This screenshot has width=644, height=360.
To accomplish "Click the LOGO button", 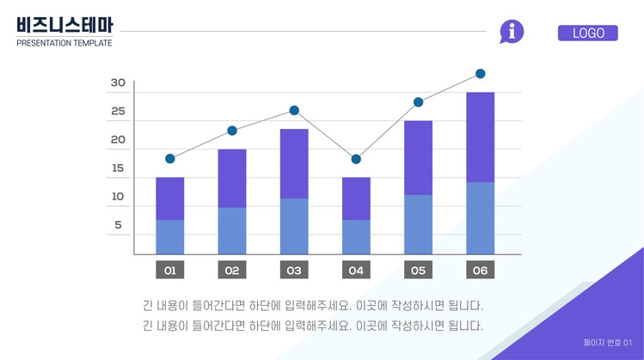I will point(588,34).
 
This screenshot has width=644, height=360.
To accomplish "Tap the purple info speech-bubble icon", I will point(512,32).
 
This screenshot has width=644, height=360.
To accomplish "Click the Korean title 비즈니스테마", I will point(64,26).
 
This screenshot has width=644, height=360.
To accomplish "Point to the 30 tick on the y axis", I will point(119,83).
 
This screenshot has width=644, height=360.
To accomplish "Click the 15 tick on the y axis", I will point(119,168).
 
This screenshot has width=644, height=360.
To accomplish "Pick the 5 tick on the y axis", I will point(119,225).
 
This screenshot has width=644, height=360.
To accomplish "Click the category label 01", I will point(169,271).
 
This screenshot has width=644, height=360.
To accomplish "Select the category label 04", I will point(356,271).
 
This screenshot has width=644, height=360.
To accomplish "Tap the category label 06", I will point(480,271).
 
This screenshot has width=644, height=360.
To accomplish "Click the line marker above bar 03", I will point(294,111).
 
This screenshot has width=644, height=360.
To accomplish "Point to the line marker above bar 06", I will point(480,74).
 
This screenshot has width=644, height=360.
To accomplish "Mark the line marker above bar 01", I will point(170,159).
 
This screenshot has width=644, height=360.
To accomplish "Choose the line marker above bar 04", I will point(356,159).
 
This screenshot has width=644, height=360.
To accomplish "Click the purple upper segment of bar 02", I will point(232,178).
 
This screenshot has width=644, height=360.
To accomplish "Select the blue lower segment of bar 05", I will point(418,224).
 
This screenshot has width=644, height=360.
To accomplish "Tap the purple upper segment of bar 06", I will point(480,137).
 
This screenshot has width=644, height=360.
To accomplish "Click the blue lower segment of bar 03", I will point(294,226).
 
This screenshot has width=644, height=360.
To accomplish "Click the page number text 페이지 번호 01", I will point(607,343).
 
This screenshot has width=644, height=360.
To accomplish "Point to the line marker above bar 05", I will point(418,102).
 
